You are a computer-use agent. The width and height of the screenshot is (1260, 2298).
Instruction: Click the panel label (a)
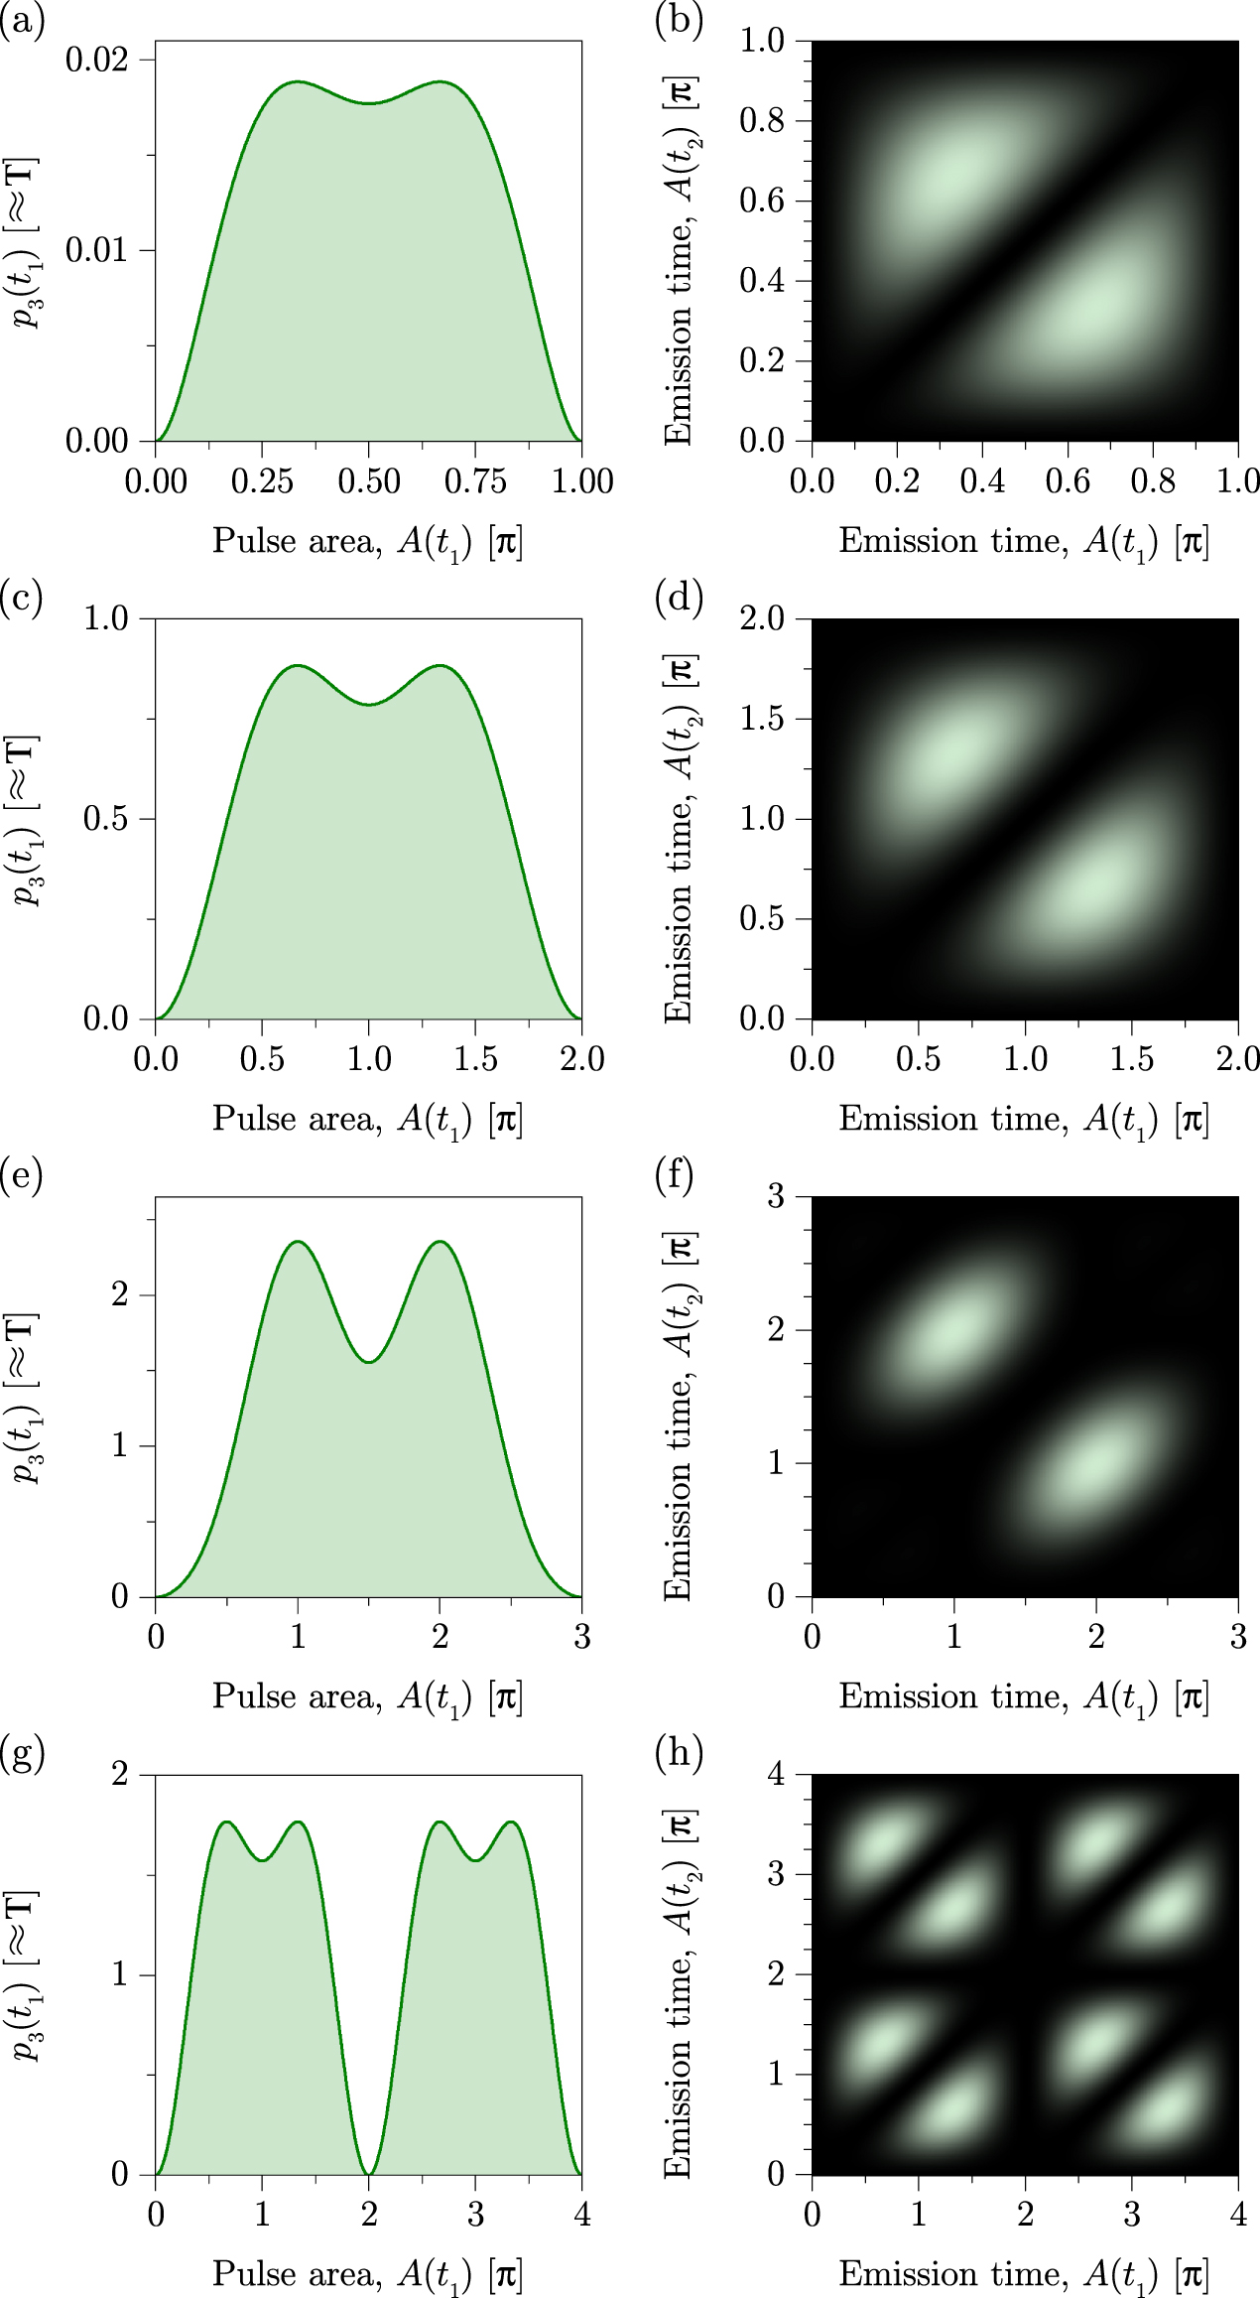(22, 21)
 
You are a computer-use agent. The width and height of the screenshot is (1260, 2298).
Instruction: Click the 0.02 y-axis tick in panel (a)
(96, 61)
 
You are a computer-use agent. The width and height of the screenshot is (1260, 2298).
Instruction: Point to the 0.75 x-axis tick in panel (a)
(475, 481)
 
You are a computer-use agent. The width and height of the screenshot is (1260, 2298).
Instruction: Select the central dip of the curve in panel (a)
(369, 103)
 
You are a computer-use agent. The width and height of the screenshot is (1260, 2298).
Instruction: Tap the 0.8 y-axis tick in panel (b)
(761, 121)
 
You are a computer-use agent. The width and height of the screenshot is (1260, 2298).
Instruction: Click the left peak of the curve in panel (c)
(298, 666)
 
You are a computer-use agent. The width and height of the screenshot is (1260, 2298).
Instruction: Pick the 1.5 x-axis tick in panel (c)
(475, 1059)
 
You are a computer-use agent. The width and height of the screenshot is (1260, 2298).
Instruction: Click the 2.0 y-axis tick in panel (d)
(761, 619)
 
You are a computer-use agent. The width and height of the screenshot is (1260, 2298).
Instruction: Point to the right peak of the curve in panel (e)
(440, 1242)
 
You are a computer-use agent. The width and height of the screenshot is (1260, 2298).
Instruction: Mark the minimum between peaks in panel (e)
(369, 1362)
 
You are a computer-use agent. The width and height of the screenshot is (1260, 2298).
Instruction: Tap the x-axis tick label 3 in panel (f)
(1237, 1637)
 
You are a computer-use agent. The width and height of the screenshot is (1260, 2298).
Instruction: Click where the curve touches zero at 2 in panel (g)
(369, 2173)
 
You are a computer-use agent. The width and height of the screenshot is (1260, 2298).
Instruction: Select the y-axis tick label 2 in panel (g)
(120, 1774)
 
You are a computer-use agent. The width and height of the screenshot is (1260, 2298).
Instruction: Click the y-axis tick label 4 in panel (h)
(777, 1774)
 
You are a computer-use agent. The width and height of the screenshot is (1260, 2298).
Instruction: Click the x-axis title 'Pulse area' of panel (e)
(367, 1696)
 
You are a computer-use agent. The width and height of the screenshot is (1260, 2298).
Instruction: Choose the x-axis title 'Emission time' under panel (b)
(1024, 541)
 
